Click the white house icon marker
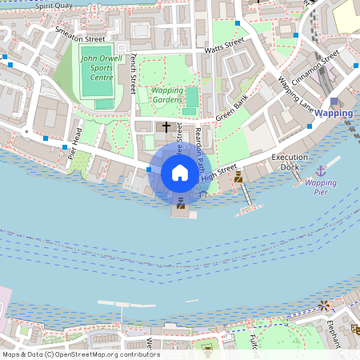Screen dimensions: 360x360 [x=180, y=172]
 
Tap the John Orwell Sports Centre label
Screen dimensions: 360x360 [x=101, y=68]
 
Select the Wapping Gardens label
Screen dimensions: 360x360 [x=166, y=95]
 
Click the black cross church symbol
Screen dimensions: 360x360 [x=166, y=126]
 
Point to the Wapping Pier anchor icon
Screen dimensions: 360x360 [x=321, y=170]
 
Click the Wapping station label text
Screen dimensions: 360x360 [x=334, y=114]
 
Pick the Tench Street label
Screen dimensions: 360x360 [x=134, y=73]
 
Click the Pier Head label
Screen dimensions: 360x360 [x=74, y=144]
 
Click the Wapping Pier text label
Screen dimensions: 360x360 [x=320, y=187]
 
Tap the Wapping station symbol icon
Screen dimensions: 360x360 [x=334, y=102]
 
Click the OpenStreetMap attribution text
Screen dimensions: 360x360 [x=80, y=354]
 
